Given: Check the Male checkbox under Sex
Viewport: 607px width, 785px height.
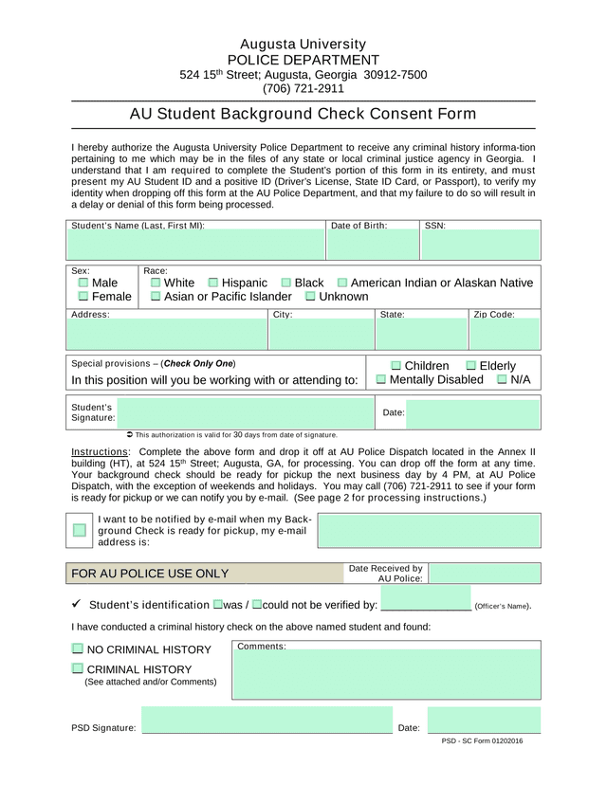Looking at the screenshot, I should click(83, 283).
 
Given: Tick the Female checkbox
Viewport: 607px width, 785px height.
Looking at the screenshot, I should click(83, 297).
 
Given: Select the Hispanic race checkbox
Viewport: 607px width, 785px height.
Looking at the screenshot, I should click(212, 283).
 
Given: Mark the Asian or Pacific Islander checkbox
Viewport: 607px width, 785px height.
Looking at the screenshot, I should click(156, 297).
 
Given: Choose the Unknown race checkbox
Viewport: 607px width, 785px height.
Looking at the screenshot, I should click(310, 297).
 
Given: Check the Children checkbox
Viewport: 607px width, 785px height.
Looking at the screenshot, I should click(395, 366).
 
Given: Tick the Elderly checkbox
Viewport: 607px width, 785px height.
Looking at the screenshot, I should click(470, 366).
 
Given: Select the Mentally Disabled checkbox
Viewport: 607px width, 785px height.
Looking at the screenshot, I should click(381, 380).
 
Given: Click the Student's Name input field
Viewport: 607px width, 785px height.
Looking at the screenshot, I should click(195, 246).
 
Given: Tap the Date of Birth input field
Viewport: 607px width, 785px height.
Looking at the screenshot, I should click(374, 246).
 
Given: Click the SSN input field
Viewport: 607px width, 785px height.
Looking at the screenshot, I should click(481, 246).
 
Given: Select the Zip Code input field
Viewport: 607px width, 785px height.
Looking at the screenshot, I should click(505, 335).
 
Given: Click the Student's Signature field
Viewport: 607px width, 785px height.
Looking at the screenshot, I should click(247, 412).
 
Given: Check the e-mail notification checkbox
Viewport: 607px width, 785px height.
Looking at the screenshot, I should click(80, 530).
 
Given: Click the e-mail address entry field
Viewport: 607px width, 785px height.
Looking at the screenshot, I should click(429, 531).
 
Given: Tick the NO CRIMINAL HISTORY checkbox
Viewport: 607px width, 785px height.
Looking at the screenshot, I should click(77, 649).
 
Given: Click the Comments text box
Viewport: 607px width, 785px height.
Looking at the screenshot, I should click(386, 674).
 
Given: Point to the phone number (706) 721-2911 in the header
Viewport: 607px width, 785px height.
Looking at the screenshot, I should click(303, 89).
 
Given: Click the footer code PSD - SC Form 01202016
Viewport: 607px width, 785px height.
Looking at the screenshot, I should click(482, 741).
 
